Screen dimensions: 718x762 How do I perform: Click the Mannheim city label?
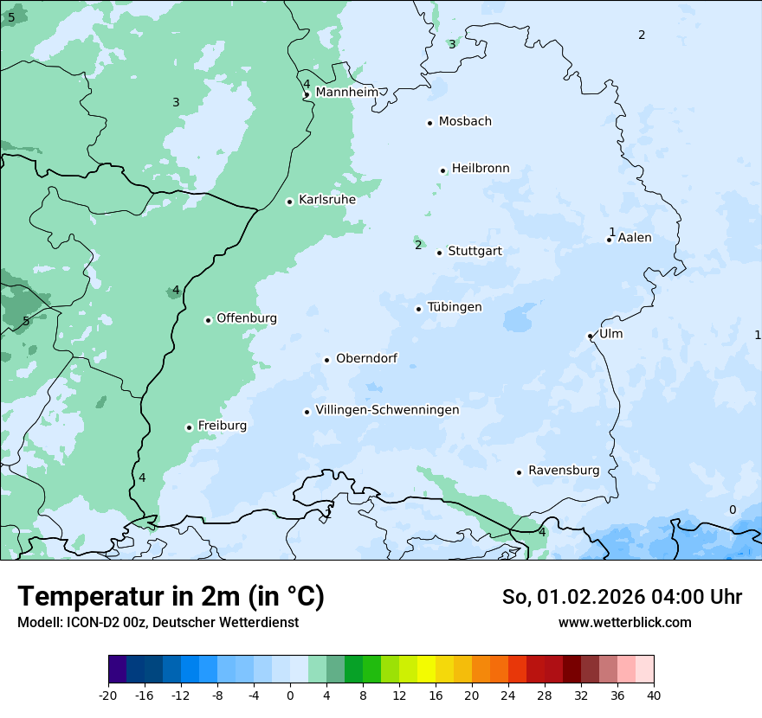click(x=346, y=92)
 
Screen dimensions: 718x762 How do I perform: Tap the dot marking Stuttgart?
click(x=440, y=253)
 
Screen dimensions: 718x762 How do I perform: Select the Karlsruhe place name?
click(x=326, y=200)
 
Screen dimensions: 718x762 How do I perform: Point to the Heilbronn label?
click(x=481, y=169)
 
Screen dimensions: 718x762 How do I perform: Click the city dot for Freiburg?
click(x=189, y=427)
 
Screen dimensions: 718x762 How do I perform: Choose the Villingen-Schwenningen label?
click(x=387, y=410)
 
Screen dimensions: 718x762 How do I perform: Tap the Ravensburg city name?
click(x=564, y=471)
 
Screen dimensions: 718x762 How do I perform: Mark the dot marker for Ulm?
click(x=591, y=336)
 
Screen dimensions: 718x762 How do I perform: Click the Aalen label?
click(x=635, y=238)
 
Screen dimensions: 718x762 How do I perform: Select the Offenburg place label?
click(x=247, y=318)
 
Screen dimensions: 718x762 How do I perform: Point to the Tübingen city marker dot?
click(x=419, y=309)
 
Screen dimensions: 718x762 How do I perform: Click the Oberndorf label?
click(x=366, y=358)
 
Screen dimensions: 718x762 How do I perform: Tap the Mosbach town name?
click(x=465, y=121)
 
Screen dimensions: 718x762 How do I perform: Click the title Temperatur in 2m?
click(x=171, y=597)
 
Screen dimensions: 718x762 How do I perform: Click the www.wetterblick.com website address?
click(x=624, y=623)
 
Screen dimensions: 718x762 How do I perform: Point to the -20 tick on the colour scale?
click(x=108, y=695)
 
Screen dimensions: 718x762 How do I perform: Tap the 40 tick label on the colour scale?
click(x=654, y=695)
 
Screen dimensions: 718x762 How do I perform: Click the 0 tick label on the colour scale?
click(x=290, y=695)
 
